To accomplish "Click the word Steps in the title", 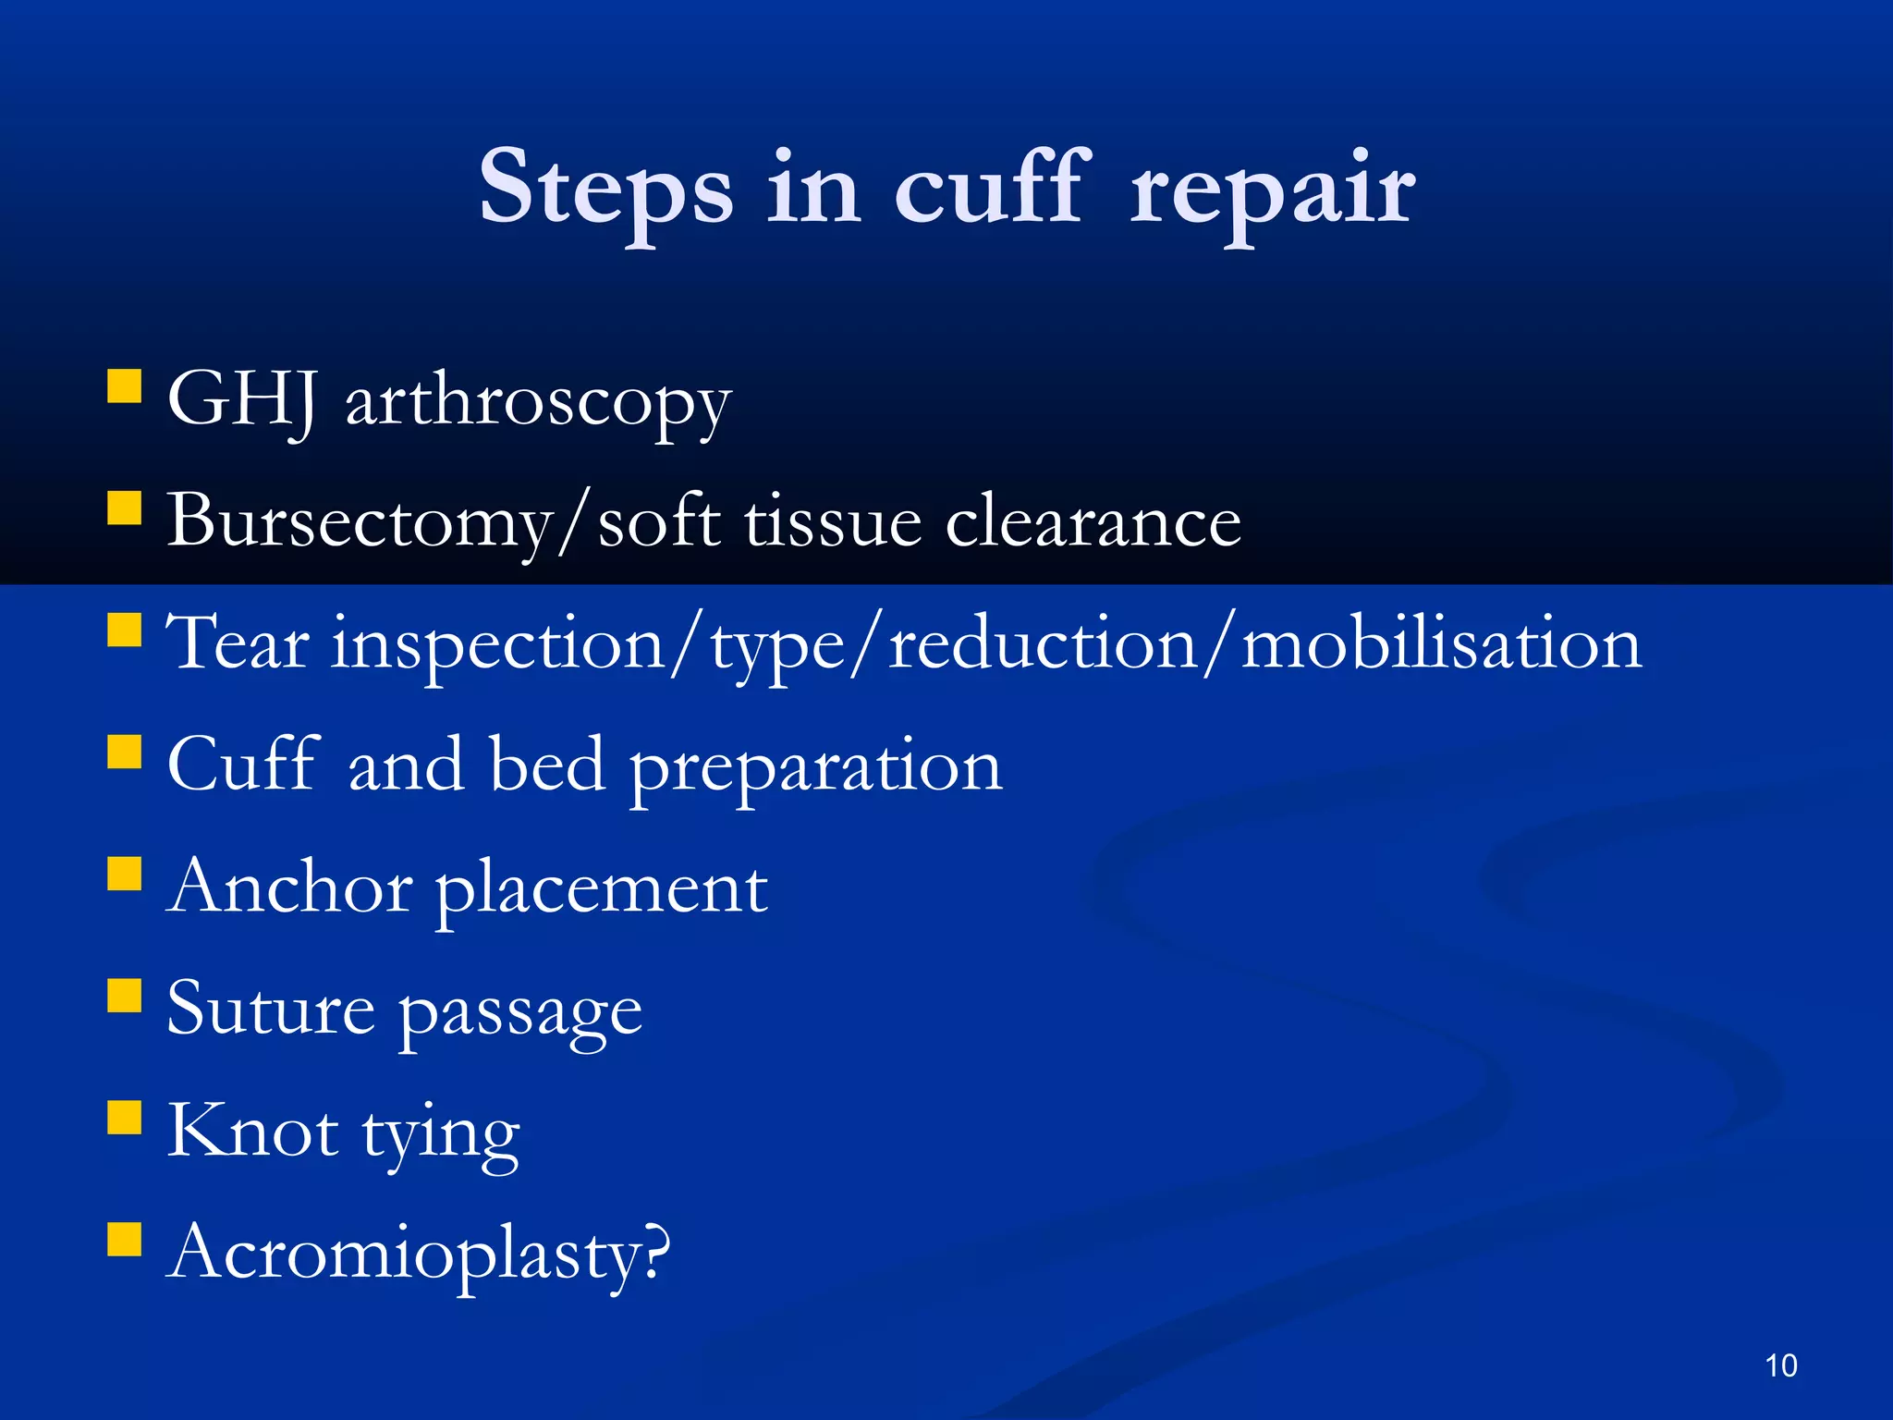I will [605, 190].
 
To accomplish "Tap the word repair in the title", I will [1272, 190].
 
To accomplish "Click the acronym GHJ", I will [243, 399].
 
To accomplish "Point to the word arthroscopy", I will [538, 404].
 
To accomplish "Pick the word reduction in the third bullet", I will [1043, 643].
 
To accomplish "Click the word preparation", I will [815, 767].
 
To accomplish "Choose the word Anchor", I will [289, 887].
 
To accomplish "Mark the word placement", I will [601, 889].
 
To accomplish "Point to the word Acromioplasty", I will [418, 1254].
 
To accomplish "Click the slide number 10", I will [1780, 1365].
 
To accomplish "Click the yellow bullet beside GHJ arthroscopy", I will [124, 386].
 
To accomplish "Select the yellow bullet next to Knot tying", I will [124, 1117].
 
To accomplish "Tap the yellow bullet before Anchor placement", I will [124, 873].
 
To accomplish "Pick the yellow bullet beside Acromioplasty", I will [124, 1239].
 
